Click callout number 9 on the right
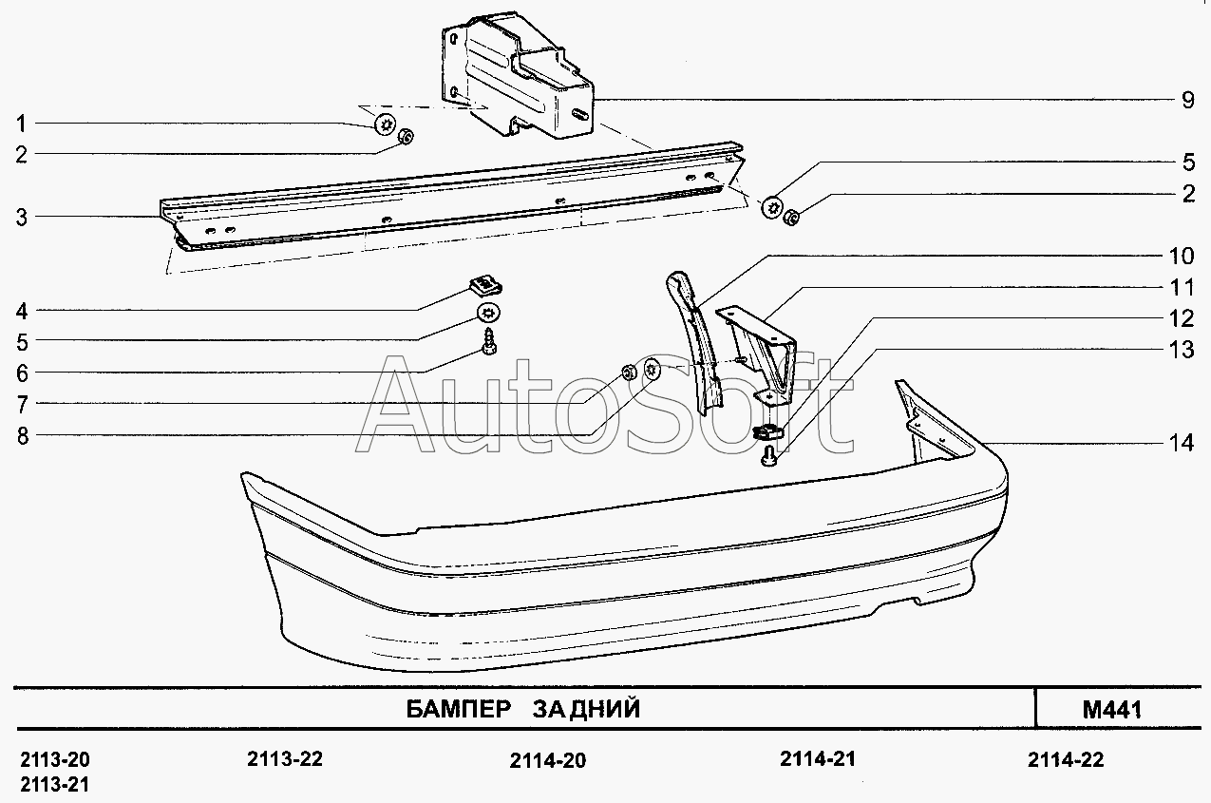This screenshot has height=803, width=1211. coord(1187,100)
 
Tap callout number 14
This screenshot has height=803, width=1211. coord(1182,443)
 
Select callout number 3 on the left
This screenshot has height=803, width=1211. coord(21,218)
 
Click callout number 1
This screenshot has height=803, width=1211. coord(21,124)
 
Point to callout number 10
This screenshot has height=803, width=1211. coord(1182,256)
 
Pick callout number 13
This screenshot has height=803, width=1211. coord(1182,350)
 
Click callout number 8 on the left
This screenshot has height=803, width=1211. coord(21,436)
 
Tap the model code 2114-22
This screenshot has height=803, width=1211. coord(1066,759)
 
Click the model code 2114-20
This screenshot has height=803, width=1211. coord(548,760)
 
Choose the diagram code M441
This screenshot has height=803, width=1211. coord(1110,710)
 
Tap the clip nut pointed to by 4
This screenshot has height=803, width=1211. coord(487,282)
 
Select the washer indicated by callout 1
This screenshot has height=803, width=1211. coord(386,124)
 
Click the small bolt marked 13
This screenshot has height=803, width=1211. coord(768,460)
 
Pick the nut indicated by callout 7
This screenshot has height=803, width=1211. coord(628,371)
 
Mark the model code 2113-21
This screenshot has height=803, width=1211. coord(54,784)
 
